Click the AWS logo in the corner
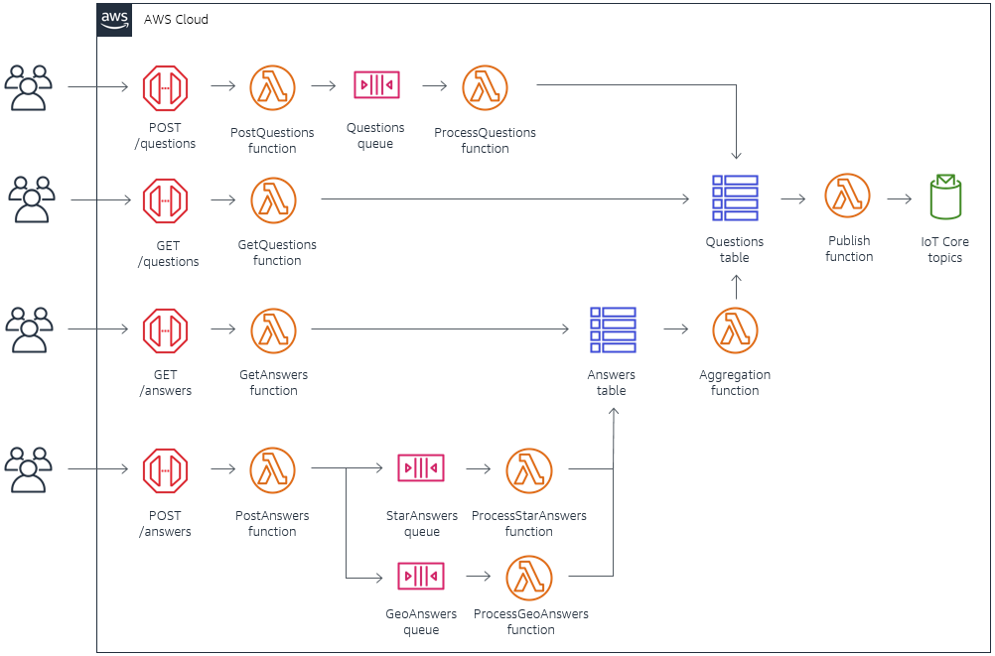point(114,20)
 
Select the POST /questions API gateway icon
point(165,88)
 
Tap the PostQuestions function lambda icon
point(272,88)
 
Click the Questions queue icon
point(376,85)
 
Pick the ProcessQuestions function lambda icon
point(485,88)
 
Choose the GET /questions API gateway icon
point(165,200)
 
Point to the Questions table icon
point(735,198)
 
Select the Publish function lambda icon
point(847,197)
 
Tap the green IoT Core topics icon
point(944,197)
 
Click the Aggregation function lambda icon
point(735,330)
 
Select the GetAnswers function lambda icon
point(273,330)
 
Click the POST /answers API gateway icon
point(165,471)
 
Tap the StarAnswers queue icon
point(421,468)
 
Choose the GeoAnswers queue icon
point(421,576)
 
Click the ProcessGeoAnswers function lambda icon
point(529,578)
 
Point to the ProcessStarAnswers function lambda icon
point(529,471)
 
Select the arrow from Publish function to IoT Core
point(899,198)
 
